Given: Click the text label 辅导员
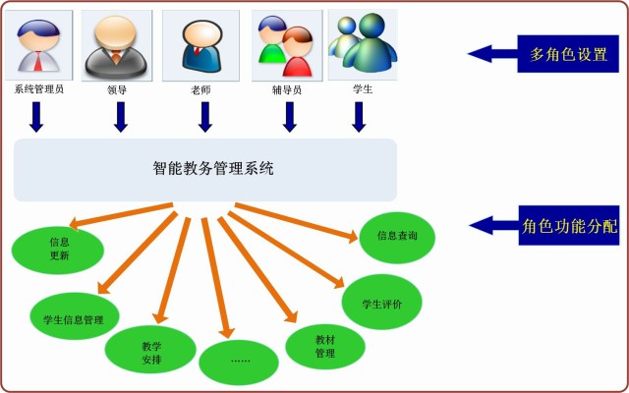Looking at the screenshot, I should click(x=286, y=89).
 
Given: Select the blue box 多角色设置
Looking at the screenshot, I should click(x=568, y=54).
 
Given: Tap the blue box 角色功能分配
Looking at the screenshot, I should click(x=569, y=225).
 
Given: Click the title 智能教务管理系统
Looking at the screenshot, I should click(x=213, y=168).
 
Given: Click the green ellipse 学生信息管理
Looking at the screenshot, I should click(x=75, y=319).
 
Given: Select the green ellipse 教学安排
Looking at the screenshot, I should click(x=150, y=353).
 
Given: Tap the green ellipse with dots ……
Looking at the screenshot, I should click(x=240, y=361).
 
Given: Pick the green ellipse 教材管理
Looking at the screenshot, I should click(x=325, y=346).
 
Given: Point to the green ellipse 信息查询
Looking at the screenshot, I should click(x=397, y=236).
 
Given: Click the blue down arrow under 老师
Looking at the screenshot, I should click(x=205, y=117).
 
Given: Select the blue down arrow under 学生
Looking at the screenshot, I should click(x=359, y=117).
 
